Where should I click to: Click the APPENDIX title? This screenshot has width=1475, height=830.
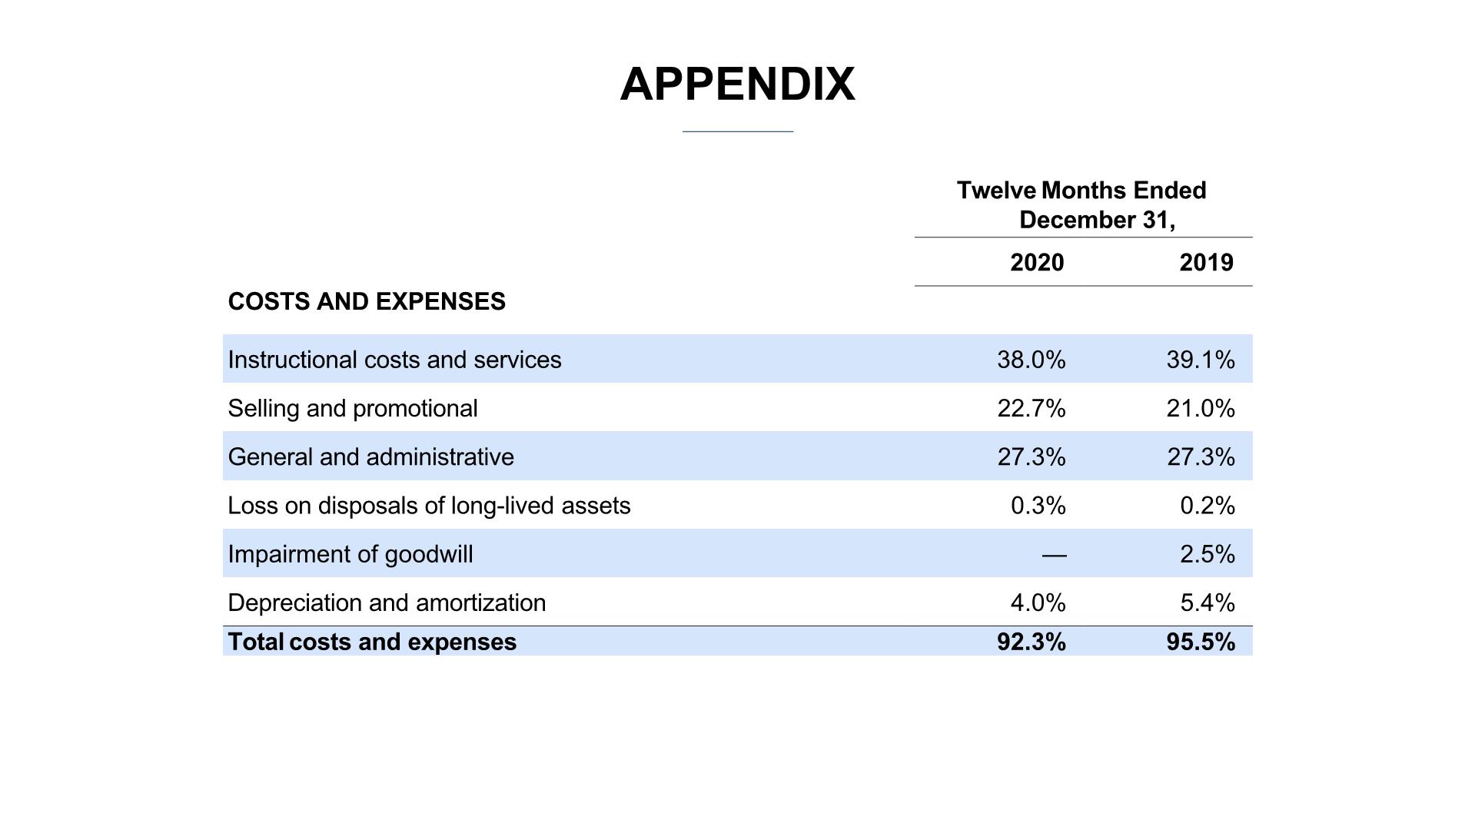[737, 84]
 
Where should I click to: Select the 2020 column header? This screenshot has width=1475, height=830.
[1037, 263]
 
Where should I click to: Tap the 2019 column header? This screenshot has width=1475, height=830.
[1206, 263]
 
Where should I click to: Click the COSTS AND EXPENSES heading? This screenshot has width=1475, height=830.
[367, 301]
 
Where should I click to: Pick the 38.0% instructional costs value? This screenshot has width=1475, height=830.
[1032, 360]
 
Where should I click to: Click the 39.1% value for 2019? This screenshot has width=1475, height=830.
[1201, 360]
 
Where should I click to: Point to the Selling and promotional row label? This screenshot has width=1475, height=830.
[353, 408]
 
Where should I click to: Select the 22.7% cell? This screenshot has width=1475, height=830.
[1032, 408]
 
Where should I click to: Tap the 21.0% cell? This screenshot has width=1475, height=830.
[1201, 408]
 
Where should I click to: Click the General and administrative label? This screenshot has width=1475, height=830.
[371, 456]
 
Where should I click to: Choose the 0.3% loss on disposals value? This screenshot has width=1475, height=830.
[1038, 506]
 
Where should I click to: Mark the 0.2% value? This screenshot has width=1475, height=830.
[1208, 506]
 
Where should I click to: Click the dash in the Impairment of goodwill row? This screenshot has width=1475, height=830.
[1055, 554]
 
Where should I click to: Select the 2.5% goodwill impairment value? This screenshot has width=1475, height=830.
[1208, 554]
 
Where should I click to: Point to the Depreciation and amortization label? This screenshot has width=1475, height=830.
[387, 603]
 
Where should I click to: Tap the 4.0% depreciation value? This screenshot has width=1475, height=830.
[1038, 603]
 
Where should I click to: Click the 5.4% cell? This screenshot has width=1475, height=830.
[1208, 603]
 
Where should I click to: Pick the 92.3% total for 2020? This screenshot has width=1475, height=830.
[1032, 642]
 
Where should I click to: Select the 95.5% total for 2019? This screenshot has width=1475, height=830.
[1201, 642]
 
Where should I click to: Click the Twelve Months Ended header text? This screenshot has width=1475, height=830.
[1081, 191]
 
